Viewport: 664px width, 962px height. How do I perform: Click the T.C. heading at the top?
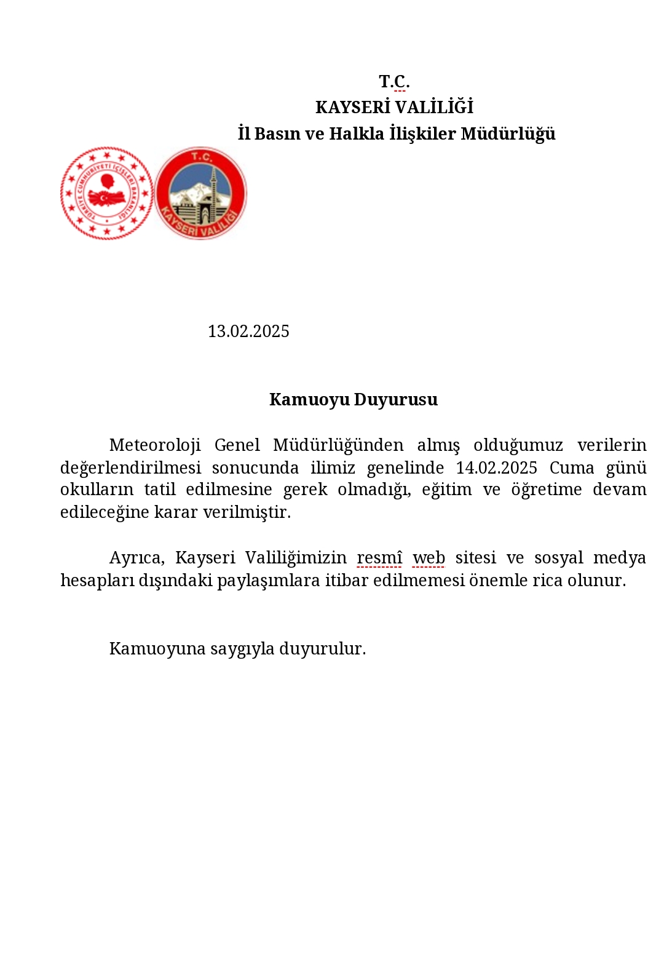[394, 81]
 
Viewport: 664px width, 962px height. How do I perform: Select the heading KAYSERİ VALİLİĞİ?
[394, 108]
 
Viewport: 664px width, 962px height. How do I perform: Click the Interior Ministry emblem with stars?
[107, 193]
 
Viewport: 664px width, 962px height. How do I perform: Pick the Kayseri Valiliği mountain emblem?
[201, 193]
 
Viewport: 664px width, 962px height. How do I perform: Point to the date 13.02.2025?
[248, 332]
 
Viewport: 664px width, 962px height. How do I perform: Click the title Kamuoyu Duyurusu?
[354, 400]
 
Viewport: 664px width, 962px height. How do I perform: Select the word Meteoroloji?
[155, 445]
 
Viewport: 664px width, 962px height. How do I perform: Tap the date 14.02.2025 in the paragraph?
[496, 467]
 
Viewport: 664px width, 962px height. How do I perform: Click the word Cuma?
[572, 467]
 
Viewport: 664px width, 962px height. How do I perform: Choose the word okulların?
[97, 490]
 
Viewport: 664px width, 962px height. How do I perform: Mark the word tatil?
[160, 490]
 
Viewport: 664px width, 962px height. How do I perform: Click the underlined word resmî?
[379, 558]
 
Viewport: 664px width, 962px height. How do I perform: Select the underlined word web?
[429, 558]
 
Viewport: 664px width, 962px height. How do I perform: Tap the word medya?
[619, 558]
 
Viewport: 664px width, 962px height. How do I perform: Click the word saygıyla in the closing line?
[242, 649]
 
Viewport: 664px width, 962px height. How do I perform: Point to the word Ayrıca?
[136, 558]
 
